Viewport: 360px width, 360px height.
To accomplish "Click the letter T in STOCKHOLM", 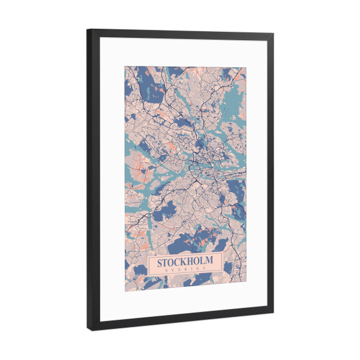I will coord(167,263).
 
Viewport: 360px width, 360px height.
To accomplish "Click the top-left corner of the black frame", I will coord(88,29).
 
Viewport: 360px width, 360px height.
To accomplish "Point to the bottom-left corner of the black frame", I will coord(89,331).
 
